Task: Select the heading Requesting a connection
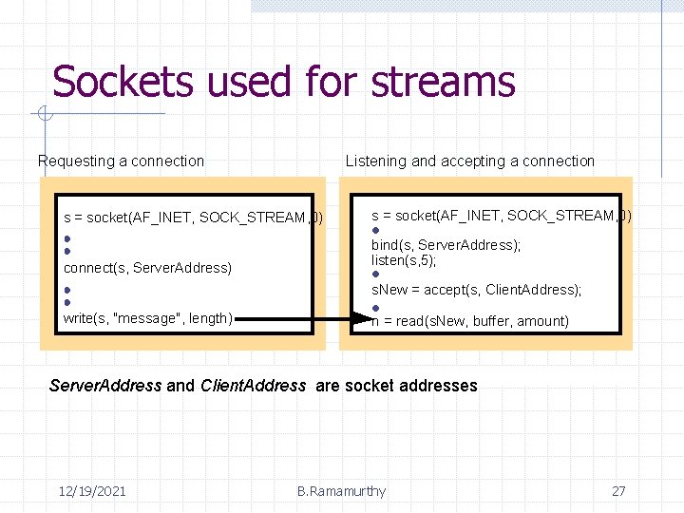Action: tap(121, 161)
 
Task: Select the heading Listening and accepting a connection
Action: tap(469, 161)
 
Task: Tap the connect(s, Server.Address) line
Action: tap(147, 268)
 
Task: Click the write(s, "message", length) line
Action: tap(147, 318)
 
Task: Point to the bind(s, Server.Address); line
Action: tap(446, 245)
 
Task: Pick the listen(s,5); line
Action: tap(404, 260)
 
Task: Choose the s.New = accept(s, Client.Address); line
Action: tap(476, 289)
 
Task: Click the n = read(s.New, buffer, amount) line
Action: tap(470, 321)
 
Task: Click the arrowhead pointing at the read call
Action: tap(361, 321)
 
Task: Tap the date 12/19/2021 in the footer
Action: tap(92, 491)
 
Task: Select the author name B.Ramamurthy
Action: tap(341, 491)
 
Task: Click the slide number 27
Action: tap(618, 491)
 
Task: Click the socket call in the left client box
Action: tap(193, 218)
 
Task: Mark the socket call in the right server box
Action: tap(501, 216)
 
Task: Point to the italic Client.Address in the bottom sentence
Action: tap(254, 386)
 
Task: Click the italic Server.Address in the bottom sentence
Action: tap(104, 386)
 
